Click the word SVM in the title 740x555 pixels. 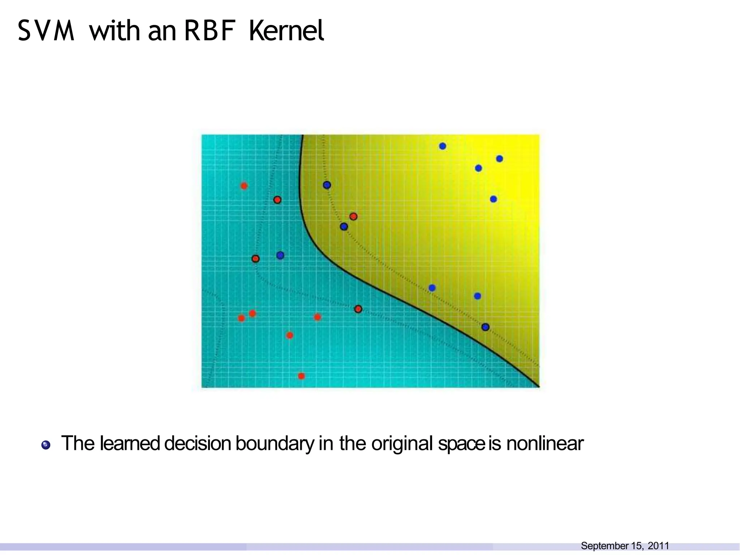46,31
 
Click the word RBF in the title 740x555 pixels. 210,31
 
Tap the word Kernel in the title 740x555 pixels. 286,31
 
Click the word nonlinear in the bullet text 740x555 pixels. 545,443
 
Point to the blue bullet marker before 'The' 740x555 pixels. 46,445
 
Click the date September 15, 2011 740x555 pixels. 625,546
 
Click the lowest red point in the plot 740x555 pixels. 301,376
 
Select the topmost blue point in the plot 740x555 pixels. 443,146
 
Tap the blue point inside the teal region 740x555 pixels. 280,255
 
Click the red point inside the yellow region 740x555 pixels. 353,216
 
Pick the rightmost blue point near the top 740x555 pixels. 499,159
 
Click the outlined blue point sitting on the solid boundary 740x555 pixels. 486,327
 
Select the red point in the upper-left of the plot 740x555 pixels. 244,186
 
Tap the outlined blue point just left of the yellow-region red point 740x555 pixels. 344,227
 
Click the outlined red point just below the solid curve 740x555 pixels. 358,309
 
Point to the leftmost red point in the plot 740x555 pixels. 241,318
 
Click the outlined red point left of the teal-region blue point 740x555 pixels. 255,259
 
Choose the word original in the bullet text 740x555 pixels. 402,443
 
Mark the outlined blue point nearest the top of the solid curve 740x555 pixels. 327,185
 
